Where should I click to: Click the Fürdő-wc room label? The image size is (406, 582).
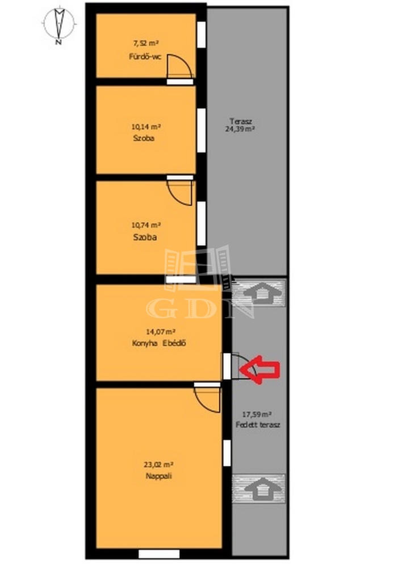click(x=145, y=57)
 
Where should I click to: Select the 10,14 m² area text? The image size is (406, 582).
click(x=146, y=126)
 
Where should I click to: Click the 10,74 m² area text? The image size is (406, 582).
click(x=146, y=225)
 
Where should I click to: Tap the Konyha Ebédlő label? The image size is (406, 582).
click(x=159, y=343)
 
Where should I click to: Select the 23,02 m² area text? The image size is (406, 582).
click(x=158, y=464)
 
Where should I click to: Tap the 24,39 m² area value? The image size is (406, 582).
click(x=240, y=129)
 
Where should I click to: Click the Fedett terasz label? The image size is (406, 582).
click(x=258, y=425)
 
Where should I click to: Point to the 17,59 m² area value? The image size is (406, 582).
click(x=257, y=414)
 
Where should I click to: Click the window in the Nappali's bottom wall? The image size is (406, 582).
click(x=159, y=554)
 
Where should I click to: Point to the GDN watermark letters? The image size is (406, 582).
click(x=200, y=309)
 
